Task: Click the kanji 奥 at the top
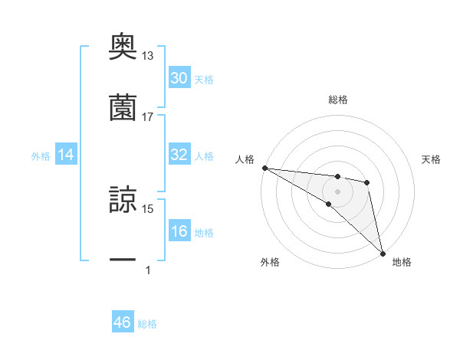(x=123, y=47)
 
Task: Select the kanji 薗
(x=123, y=107)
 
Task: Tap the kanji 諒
(x=123, y=201)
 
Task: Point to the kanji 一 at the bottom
(x=123, y=260)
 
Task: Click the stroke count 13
(x=148, y=56)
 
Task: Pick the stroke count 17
(x=148, y=116)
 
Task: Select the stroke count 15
(x=148, y=208)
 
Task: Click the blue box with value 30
(x=179, y=78)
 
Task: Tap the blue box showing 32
(x=179, y=155)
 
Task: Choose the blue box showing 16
(x=179, y=232)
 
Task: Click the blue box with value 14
(x=66, y=155)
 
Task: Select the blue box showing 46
(x=123, y=322)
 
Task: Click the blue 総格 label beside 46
(x=147, y=324)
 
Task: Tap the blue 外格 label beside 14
(x=41, y=156)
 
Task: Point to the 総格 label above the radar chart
(x=337, y=100)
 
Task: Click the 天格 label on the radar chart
(x=432, y=159)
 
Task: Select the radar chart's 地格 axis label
(x=402, y=262)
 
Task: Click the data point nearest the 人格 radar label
(x=264, y=168)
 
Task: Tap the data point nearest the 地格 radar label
(x=383, y=253)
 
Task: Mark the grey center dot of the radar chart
(x=337, y=191)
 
